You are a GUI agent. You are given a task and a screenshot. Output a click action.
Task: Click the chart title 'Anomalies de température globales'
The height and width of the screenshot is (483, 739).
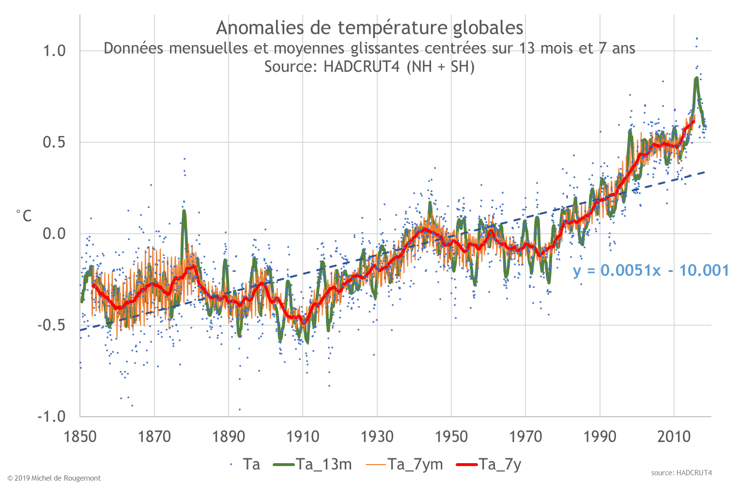click(369, 28)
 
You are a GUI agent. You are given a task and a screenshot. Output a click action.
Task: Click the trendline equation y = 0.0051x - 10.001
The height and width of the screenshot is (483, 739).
click(651, 270)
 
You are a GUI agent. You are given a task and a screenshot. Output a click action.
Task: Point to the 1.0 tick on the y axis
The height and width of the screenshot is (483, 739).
click(54, 51)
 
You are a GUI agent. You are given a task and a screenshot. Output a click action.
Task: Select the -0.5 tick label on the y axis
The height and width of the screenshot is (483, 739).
click(51, 325)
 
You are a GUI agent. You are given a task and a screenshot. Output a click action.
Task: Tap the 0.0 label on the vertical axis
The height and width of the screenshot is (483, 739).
click(54, 234)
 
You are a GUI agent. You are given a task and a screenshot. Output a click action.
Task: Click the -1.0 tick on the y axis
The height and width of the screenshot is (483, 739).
click(51, 416)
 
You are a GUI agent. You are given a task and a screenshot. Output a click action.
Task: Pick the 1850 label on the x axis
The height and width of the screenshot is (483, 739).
click(80, 437)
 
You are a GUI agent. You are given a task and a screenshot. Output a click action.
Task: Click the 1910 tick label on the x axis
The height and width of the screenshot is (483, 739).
click(303, 437)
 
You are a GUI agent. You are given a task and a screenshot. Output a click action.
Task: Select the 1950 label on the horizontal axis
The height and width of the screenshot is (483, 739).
click(451, 437)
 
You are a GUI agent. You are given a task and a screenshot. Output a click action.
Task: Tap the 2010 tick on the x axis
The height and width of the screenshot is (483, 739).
click(674, 437)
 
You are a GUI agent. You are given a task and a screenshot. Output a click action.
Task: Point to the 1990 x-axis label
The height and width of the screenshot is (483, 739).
click(600, 437)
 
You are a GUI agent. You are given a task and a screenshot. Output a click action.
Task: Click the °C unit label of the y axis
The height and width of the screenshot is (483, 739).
click(24, 216)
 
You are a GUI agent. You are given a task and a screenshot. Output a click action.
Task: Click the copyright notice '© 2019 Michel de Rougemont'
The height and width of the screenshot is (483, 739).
click(54, 478)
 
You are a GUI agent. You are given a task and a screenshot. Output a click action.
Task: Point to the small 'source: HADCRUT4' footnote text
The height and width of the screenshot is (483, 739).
click(681, 473)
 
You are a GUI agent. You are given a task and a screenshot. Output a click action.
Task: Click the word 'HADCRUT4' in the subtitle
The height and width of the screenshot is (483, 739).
click(361, 66)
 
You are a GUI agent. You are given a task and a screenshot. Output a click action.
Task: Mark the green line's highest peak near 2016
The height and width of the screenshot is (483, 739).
click(696, 78)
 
